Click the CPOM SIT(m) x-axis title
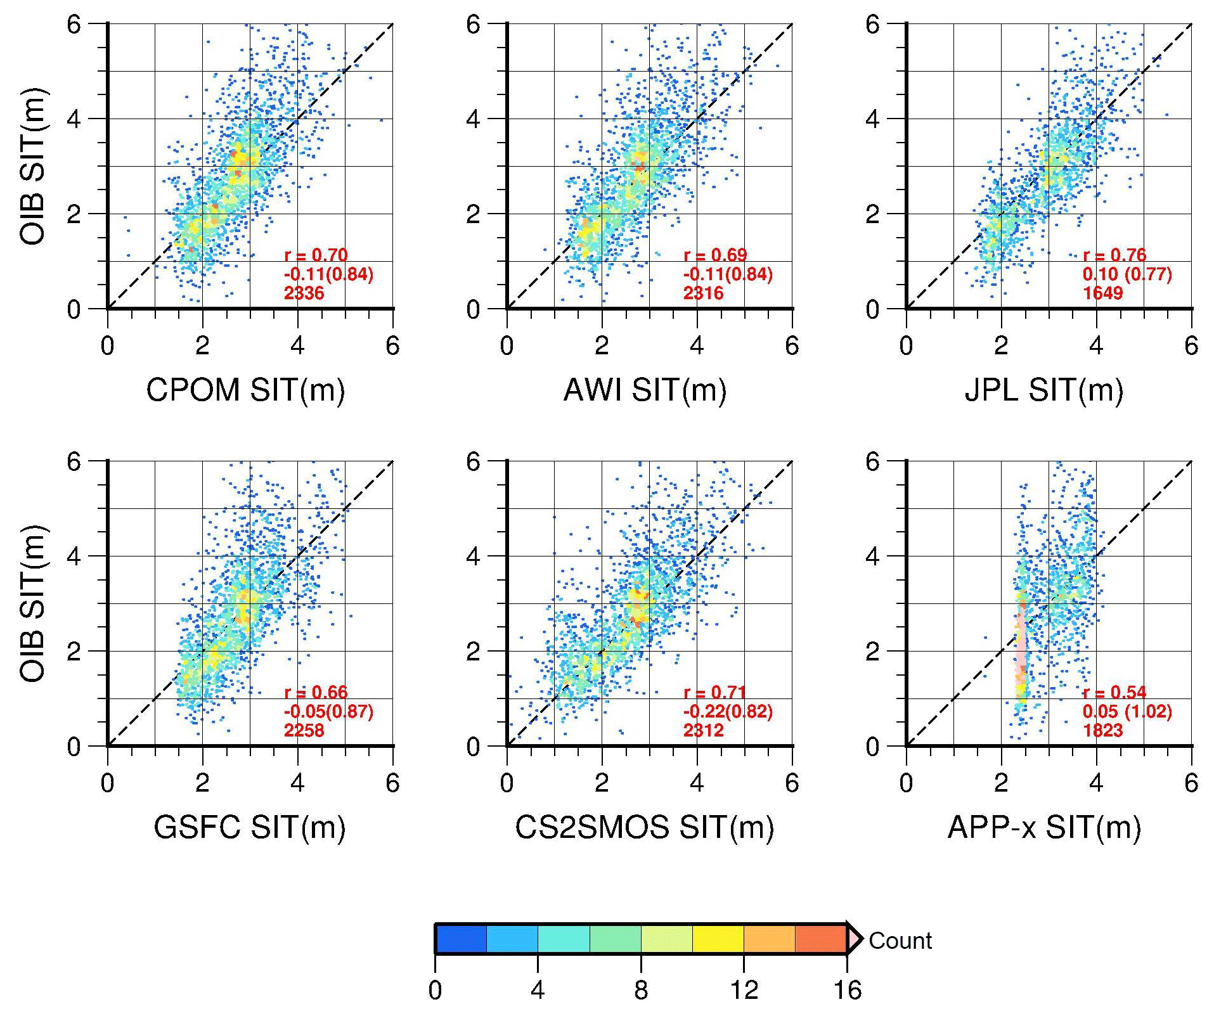[x=245, y=390]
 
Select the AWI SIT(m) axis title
[x=645, y=390]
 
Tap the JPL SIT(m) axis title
[x=1043, y=390]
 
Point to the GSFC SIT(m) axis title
[x=249, y=827]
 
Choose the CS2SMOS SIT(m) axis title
[x=644, y=827]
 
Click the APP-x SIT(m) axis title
[x=1043, y=827]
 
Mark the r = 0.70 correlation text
[x=316, y=255]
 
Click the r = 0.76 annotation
[x=1114, y=255]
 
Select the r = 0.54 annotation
[x=1114, y=692]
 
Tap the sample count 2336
[x=304, y=293]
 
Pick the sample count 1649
[x=1102, y=293]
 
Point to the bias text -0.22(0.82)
[x=728, y=711]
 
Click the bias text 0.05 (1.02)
[x=1127, y=711]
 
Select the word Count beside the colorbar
[x=900, y=941]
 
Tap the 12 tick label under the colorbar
[x=744, y=990]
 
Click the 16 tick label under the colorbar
[x=847, y=990]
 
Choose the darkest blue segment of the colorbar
[x=461, y=939]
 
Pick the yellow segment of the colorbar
[x=718, y=939]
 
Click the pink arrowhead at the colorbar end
[x=855, y=939]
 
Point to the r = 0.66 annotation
[x=316, y=692]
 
